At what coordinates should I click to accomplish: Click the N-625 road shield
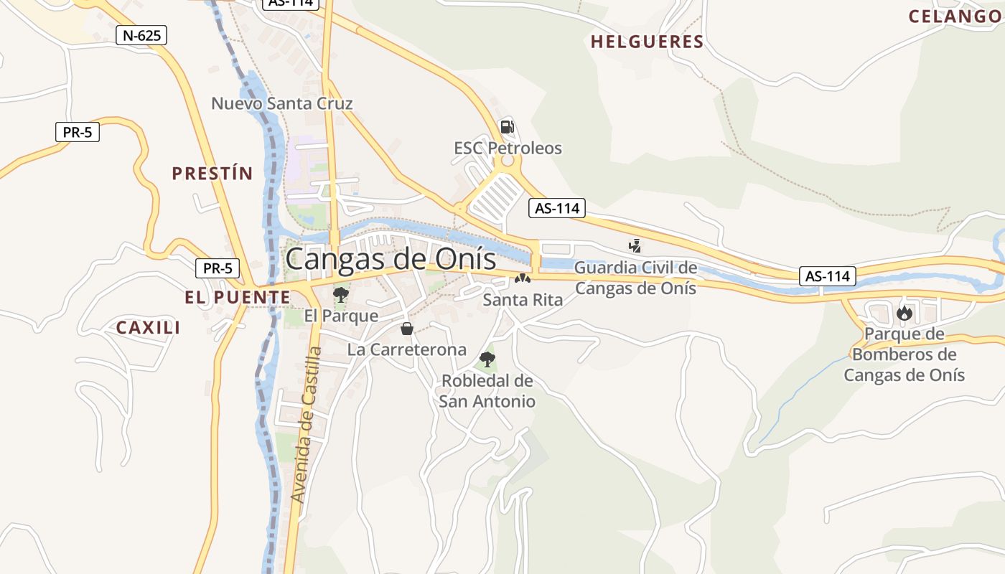[141, 35]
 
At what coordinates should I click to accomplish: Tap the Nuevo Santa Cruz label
[281, 103]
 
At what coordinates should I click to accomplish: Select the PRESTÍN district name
[212, 173]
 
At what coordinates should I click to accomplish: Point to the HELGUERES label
[647, 42]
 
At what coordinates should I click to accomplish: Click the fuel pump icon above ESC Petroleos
[507, 128]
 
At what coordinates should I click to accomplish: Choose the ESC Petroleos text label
[508, 149]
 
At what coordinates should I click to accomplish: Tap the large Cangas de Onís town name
[391, 259]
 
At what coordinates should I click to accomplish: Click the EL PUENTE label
[238, 297]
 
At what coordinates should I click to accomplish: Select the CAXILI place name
[149, 328]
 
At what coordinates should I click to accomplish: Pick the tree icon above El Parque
[340, 294]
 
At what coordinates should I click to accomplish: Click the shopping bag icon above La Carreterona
[407, 329]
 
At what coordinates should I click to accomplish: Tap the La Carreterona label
[407, 349]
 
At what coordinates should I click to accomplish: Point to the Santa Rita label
[523, 299]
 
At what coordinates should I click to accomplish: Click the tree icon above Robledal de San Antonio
[487, 359]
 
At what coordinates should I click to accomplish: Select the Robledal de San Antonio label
[487, 391]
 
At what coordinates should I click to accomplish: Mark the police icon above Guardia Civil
[635, 246]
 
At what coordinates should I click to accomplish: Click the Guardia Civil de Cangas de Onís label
[636, 278]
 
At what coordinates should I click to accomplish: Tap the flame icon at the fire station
[904, 313]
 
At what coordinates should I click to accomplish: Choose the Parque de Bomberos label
[904, 354]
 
